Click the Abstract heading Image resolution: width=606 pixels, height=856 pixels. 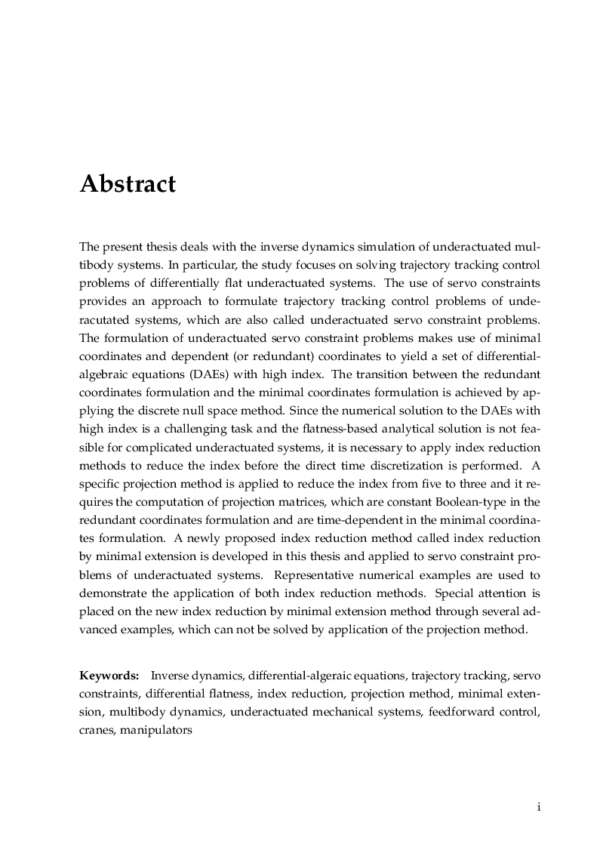(x=128, y=184)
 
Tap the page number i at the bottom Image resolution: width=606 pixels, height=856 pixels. (x=538, y=806)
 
